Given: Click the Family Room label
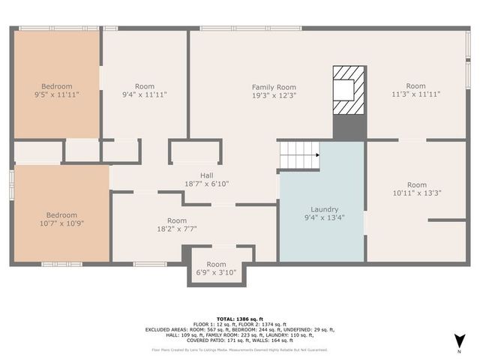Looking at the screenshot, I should point(274,87).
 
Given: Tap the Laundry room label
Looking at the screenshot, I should point(325,209).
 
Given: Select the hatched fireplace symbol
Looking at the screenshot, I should point(349,90).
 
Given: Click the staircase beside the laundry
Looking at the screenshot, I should point(299,156).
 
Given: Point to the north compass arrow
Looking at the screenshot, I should point(458,343).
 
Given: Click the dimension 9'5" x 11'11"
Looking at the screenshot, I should point(57,95).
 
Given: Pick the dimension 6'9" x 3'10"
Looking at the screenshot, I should point(216,273).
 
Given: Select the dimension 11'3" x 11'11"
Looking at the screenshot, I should point(416,94).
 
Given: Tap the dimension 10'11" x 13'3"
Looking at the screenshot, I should point(417,193).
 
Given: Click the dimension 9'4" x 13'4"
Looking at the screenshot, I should point(325,218).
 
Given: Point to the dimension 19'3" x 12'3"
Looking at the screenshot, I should point(274,95).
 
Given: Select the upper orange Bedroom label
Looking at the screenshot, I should point(57,86).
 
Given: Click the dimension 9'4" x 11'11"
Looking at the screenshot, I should point(145,95).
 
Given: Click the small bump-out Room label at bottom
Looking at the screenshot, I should point(216,264).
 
